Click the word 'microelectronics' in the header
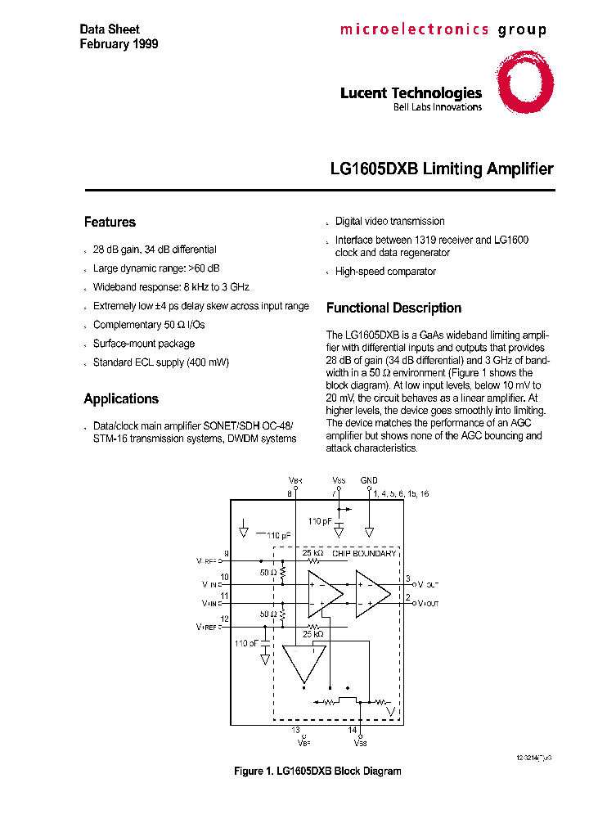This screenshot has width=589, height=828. tap(414, 30)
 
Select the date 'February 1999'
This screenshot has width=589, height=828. tap(119, 44)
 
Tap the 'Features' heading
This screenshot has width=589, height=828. tap(110, 222)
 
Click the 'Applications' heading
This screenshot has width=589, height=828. tap(121, 398)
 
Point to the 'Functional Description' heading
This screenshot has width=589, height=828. tap(393, 308)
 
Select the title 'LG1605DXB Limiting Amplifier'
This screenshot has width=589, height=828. tap(442, 169)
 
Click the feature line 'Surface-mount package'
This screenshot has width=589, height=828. tap(144, 344)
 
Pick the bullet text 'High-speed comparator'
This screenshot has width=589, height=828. tap(385, 272)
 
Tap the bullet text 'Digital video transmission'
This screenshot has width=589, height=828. tap(390, 221)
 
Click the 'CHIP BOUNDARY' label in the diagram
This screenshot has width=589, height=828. tap(364, 554)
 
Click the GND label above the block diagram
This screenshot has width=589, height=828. tap(369, 480)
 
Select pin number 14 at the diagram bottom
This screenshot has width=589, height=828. tap(353, 729)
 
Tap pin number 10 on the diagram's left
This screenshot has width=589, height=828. tap(225, 578)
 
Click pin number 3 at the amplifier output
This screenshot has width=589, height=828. tap(407, 578)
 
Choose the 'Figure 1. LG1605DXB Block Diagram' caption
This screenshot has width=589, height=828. tap(317, 772)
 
